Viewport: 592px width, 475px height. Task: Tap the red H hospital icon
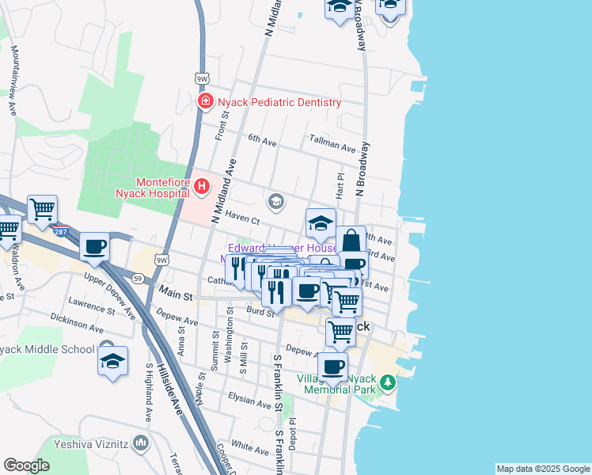[x=202, y=187]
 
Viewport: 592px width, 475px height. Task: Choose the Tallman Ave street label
[x=332, y=146]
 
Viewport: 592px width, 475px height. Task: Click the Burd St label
[x=260, y=312]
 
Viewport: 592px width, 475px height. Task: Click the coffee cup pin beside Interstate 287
[x=95, y=247]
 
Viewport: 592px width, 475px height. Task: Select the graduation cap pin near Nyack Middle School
[x=113, y=361]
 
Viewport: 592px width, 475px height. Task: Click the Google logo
[x=27, y=465]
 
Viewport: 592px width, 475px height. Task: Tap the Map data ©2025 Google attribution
[x=543, y=469]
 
